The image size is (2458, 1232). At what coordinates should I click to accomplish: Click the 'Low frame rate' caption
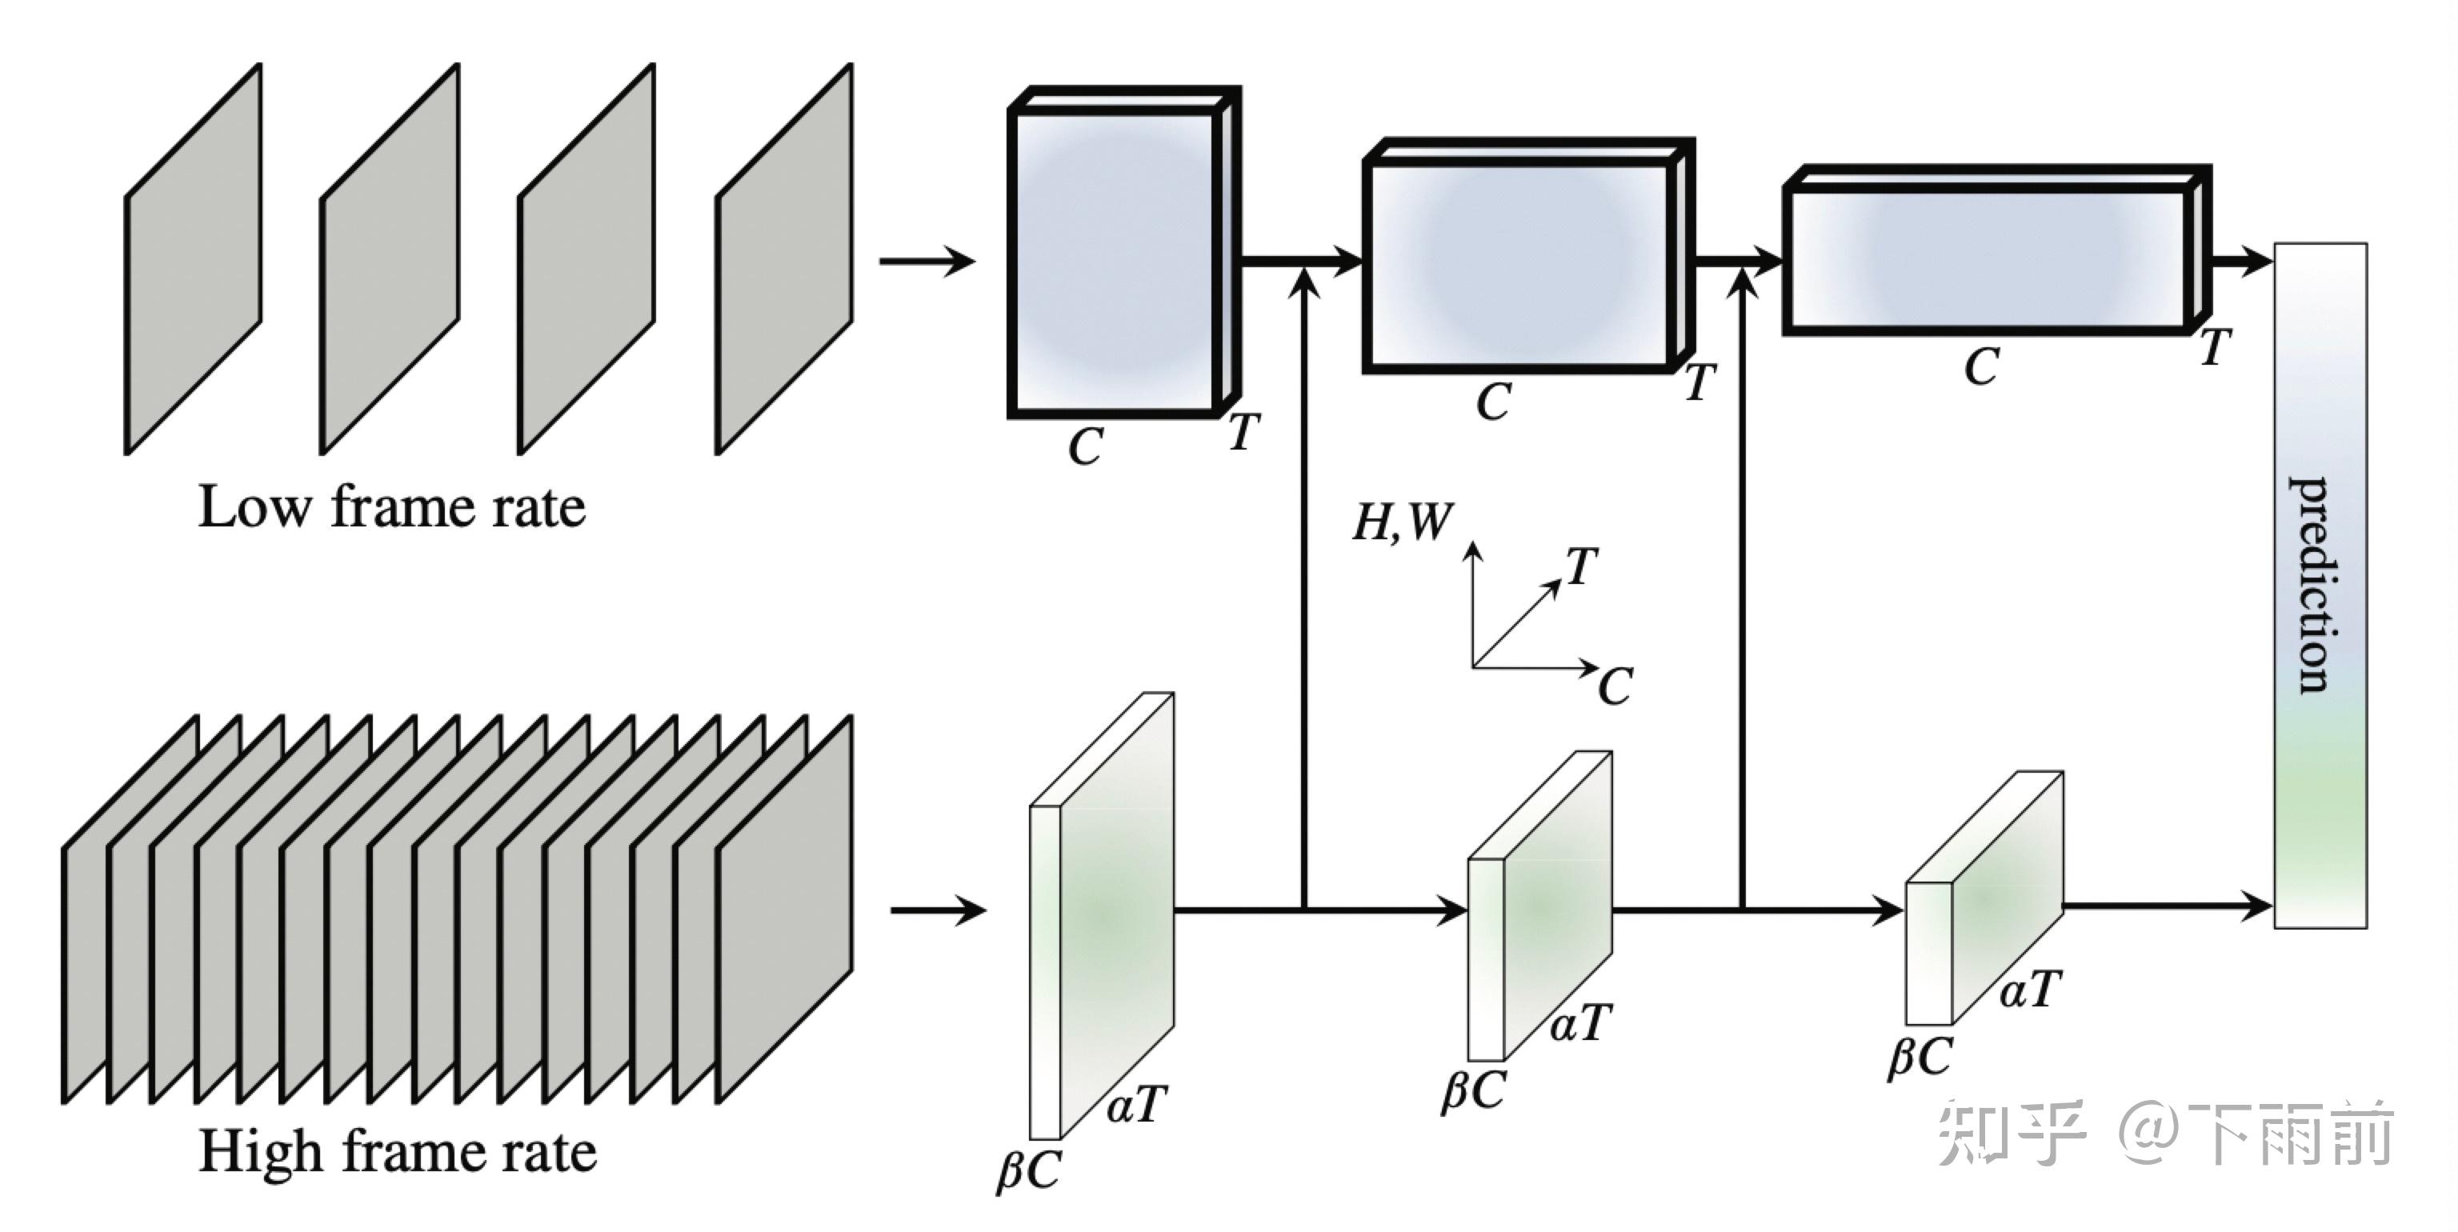coord(391,506)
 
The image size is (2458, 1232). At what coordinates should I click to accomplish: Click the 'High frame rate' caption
coord(397,1151)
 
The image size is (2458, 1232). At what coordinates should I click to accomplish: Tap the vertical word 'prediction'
coord(2318,584)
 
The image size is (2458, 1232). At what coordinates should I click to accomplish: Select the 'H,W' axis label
coord(1401,522)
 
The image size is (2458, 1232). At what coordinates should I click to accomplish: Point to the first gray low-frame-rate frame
coord(193,259)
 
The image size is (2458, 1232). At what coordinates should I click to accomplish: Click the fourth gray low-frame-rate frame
coord(783,259)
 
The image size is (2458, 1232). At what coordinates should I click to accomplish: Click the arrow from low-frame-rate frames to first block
coord(926,261)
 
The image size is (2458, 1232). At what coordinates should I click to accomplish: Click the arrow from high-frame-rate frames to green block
coord(937,910)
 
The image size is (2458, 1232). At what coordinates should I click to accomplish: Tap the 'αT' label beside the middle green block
coord(1580,1023)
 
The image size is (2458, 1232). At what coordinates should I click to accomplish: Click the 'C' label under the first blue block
coord(1085,446)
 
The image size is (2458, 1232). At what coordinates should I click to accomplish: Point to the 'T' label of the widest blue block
coord(2216,348)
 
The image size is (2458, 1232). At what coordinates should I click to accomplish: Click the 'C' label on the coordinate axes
coord(1615,687)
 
